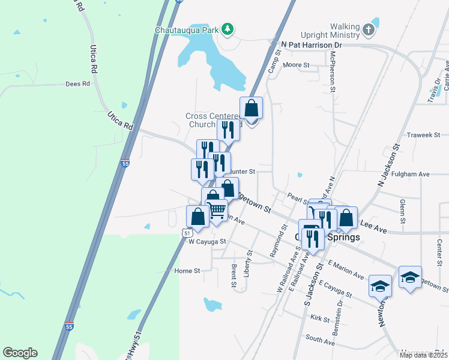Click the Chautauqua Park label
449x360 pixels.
187,29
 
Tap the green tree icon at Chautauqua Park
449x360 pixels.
227,29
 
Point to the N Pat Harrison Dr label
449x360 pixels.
312,45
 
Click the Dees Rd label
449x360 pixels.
77,84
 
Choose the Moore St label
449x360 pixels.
297,65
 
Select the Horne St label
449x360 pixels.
187,271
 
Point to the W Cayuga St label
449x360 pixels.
206,242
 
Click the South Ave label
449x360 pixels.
320,340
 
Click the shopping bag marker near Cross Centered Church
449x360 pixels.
251,109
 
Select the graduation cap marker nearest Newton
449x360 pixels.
379,286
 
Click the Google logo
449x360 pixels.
20,353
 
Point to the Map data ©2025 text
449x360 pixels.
423,355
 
